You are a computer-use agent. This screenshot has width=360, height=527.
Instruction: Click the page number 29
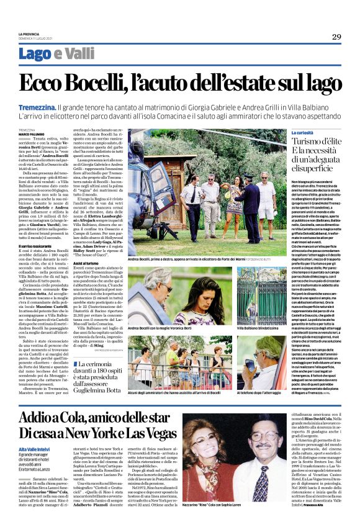tap(336, 37)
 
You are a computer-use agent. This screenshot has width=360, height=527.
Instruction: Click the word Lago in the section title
tap(35, 54)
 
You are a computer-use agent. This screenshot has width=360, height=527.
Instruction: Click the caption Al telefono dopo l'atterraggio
tap(263, 393)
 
